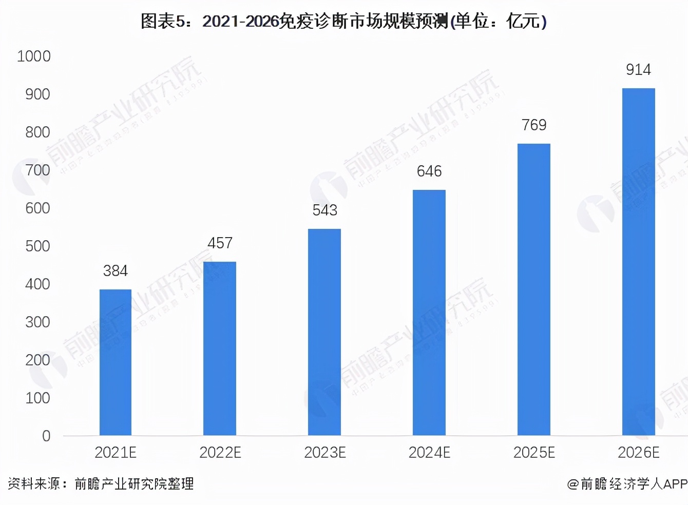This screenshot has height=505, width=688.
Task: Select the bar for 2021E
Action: click(116, 362)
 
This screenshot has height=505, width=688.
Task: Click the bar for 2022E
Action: click(220, 348)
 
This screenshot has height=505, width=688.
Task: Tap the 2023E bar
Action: click(324, 332)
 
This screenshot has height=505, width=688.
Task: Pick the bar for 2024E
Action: click(429, 313)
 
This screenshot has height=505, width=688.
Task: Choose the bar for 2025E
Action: click(534, 289)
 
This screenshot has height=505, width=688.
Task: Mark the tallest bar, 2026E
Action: click(639, 262)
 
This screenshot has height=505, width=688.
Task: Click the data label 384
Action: click(116, 271)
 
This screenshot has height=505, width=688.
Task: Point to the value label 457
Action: click(220, 243)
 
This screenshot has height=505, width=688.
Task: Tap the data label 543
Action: click(324, 210)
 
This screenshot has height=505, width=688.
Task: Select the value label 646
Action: click(429, 171)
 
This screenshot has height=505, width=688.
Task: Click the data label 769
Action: click(534, 125)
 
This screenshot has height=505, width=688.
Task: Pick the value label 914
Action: click(638, 70)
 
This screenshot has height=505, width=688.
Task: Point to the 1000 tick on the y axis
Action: click(34, 56)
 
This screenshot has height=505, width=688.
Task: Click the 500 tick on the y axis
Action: click(37, 246)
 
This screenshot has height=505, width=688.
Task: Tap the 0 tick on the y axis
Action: click(46, 436)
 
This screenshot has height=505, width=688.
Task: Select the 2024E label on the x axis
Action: click(429, 453)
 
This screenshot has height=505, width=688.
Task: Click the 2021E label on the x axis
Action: click(116, 453)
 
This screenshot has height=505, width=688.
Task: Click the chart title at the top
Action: click(343, 22)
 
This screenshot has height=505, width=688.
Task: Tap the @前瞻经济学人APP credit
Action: click(627, 484)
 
